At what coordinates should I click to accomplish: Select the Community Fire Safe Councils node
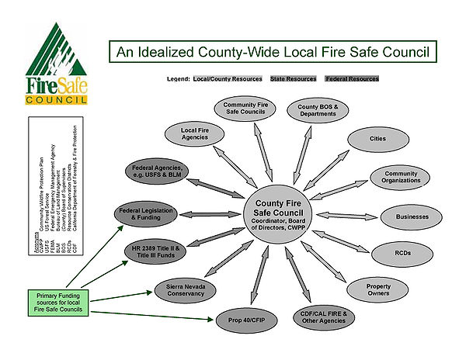tap(245, 108)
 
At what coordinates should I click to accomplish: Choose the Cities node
tap(378, 139)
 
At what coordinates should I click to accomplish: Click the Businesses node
tap(412, 216)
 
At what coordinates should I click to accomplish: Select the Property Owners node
tap(378, 289)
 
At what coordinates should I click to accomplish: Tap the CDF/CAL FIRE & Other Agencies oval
tap(322, 317)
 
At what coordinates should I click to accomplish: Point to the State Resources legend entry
tap(294, 79)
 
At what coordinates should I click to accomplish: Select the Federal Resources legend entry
tap(352, 79)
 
